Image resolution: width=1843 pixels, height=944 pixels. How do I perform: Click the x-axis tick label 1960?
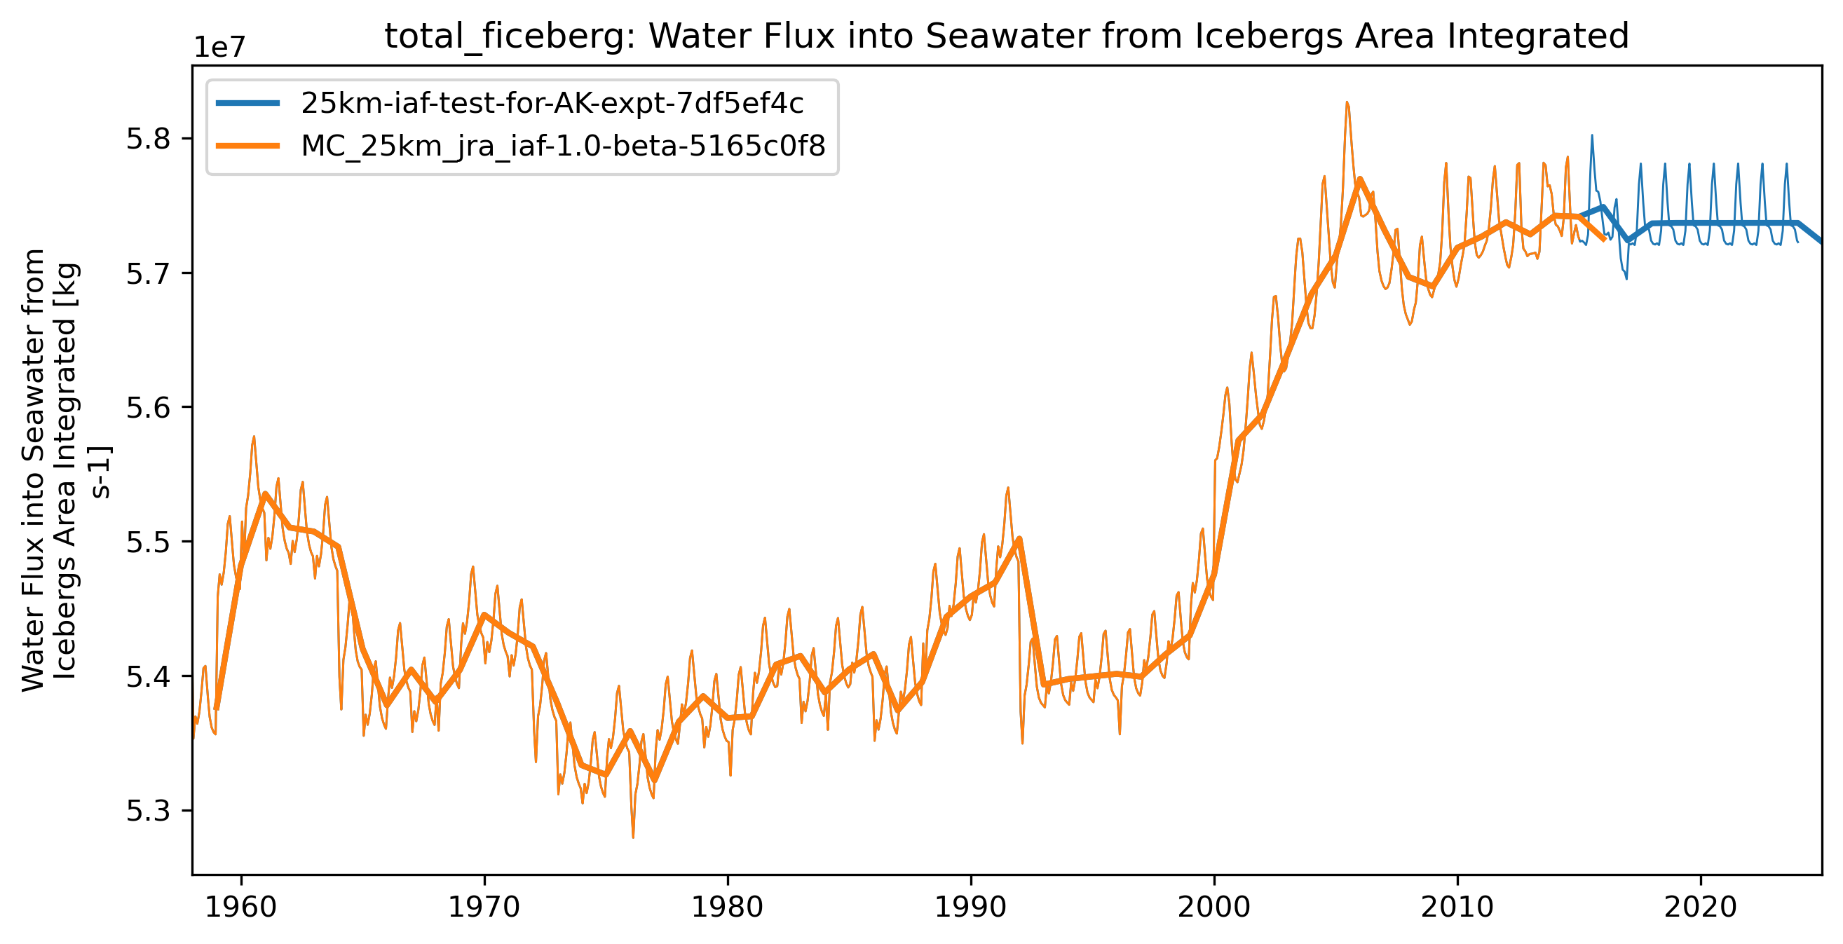[240, 908]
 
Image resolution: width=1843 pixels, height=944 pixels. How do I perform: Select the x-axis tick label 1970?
[484, 908]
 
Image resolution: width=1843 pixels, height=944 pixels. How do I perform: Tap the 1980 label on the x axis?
[727, 908]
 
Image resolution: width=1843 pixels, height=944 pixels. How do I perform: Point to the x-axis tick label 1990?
[971, 908]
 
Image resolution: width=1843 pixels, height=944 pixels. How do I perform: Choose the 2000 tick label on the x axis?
[1213, 908]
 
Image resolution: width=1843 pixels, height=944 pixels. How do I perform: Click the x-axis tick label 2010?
[1457, 908]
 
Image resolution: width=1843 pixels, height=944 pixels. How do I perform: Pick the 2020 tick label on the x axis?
[1700, 908]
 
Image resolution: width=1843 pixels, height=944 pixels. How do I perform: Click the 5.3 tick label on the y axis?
[149, 811]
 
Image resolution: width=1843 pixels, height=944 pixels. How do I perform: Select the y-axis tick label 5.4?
[149, 676]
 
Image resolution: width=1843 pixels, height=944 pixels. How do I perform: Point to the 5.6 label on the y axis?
[149, 408]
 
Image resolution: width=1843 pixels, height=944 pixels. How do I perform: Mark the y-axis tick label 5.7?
[149, 273]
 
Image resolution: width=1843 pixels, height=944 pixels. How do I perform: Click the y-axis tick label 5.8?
[149, 139]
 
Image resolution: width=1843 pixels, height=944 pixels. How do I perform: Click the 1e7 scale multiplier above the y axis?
[219, 48]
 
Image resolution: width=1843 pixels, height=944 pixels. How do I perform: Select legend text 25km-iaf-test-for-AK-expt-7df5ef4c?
[552, 104]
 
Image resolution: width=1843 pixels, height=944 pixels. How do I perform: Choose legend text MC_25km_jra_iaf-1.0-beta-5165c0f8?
[563, 146]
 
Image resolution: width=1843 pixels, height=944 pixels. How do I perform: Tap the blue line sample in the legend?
[247, 104]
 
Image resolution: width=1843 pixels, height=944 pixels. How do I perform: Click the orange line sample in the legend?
[247, 146]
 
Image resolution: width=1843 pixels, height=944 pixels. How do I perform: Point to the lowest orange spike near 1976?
[633, 837]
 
